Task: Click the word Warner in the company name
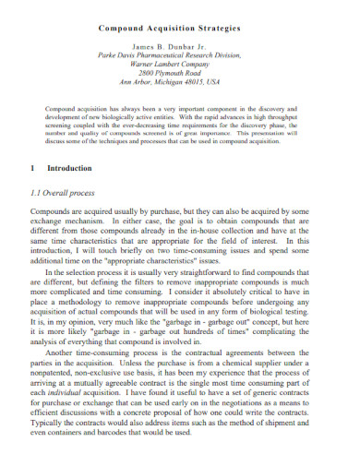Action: coord(150,65)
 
